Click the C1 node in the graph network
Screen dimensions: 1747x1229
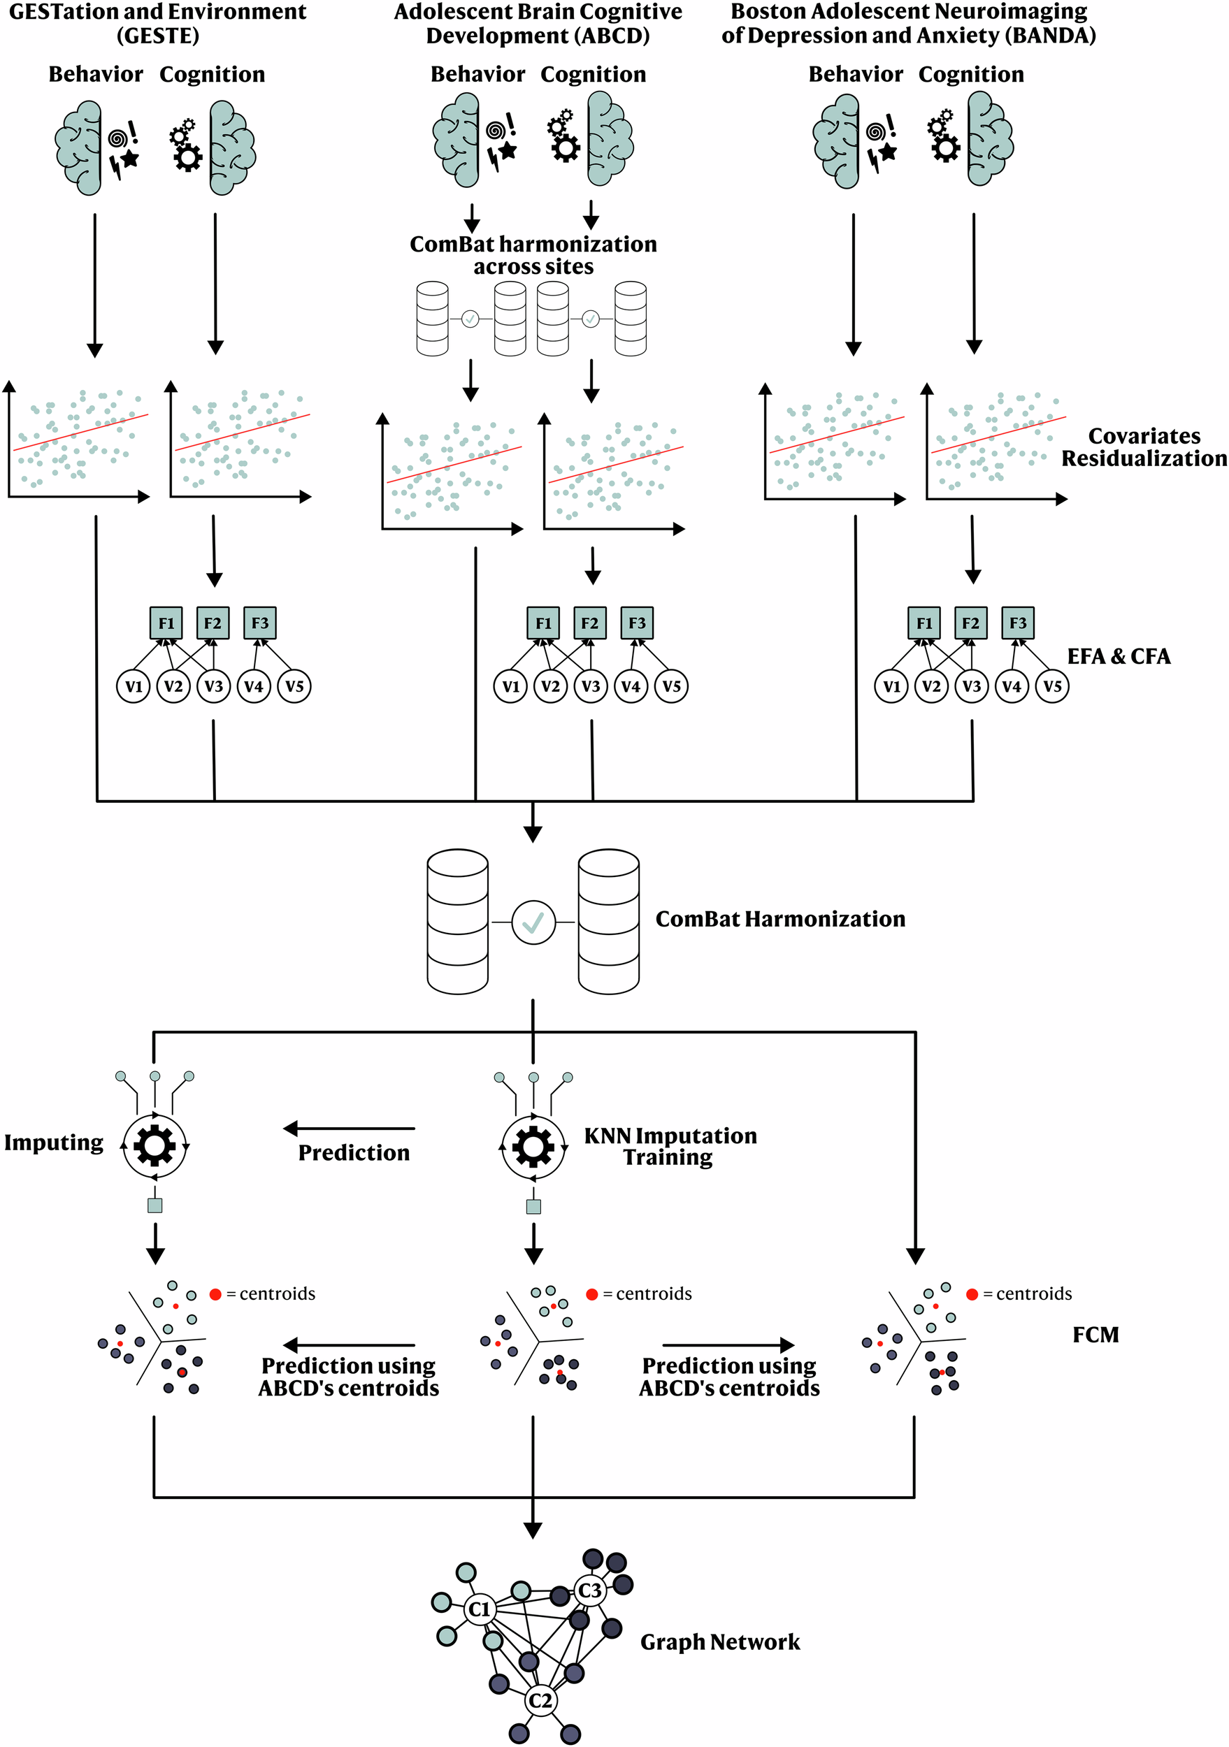coord(480,1609)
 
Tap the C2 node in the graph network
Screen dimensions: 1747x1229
coord(540,1699)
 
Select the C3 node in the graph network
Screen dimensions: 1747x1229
coord(590,1590)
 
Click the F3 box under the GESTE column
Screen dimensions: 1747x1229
coord(259,623)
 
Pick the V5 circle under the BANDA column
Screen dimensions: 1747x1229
coord(1051,686)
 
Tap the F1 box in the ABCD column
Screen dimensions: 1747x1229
coord(543,623)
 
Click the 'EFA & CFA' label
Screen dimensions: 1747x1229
coord(1118,656)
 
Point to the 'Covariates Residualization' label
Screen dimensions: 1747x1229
coord(1143,447)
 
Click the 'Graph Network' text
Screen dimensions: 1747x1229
coord(720,1642)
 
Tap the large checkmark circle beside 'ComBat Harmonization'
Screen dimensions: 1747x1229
coord(533,922)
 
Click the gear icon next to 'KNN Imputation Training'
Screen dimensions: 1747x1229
coord(533,1147)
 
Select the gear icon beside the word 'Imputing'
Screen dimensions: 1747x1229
coord(154,1145)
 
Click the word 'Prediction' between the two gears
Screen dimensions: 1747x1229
coord(354,1153)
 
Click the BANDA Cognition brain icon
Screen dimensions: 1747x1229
coord(989,138)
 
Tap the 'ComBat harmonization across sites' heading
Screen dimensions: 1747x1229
coord(533,255)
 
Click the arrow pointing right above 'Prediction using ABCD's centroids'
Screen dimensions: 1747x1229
coord(728,1344)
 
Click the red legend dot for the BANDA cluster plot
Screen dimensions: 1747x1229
coord(972,1294)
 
